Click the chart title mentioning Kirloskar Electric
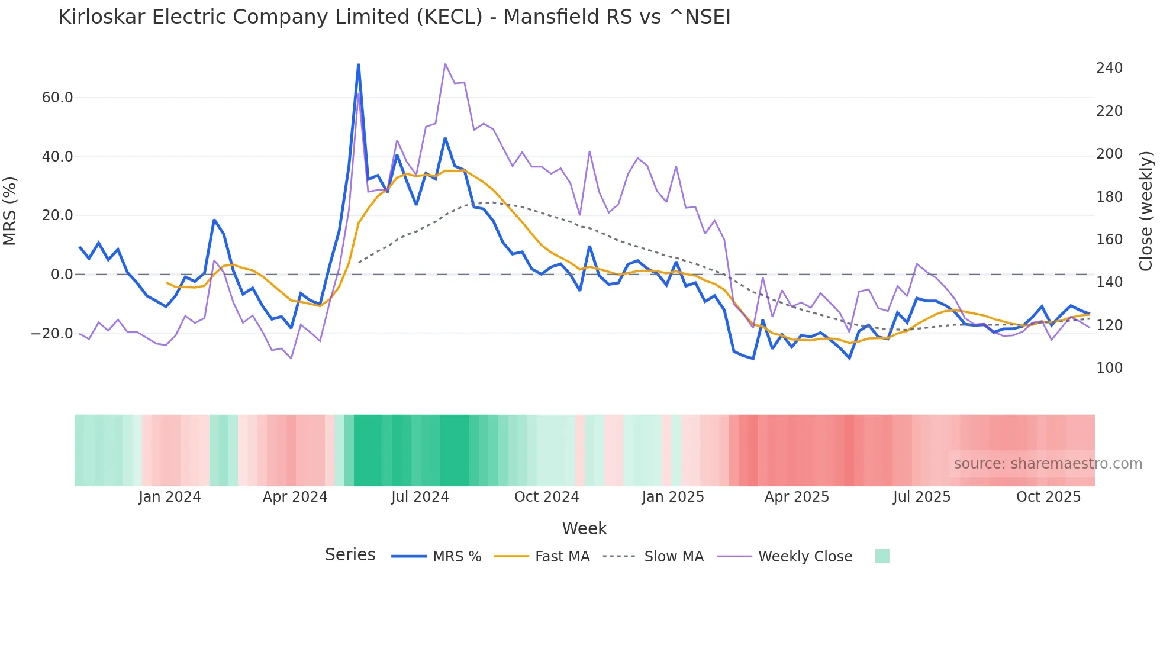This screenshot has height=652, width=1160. coord(394,17)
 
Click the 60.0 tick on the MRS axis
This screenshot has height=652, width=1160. coord(57,98)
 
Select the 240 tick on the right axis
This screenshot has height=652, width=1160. coord(1109,68)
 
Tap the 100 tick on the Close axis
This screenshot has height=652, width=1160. coord(1109,368)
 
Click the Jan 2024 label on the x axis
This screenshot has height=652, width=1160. coord(170,497)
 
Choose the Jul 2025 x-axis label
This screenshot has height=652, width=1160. coord(921,497)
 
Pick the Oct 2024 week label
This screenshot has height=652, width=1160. coord(546,497)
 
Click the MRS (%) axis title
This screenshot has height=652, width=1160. coord(10,211)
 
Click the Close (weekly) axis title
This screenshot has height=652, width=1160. coord(1146,211)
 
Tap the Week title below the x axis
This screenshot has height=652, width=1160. coord(584,528)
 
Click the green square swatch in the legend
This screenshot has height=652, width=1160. coord(882,556)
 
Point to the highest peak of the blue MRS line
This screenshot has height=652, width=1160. coord(359,64)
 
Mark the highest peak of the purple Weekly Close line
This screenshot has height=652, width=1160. coord(445,64)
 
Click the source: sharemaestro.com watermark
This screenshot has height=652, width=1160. coord(1048,464)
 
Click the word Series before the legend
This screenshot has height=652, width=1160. coord(350,555)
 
